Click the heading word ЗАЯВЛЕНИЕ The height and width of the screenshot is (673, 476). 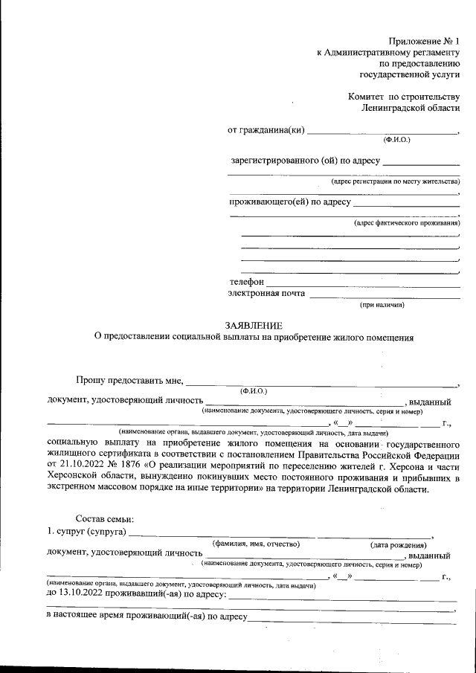254,324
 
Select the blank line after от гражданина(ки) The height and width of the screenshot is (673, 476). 383,131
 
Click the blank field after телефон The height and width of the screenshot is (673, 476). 362,283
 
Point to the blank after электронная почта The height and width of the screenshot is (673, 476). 385,294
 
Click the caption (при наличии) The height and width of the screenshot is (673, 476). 382,305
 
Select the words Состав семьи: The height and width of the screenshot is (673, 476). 105,519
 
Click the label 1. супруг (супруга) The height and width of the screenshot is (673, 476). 86,532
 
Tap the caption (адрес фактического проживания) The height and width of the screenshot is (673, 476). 407,223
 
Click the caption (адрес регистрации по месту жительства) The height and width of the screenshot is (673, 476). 396,181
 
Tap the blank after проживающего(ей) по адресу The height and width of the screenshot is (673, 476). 406,202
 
